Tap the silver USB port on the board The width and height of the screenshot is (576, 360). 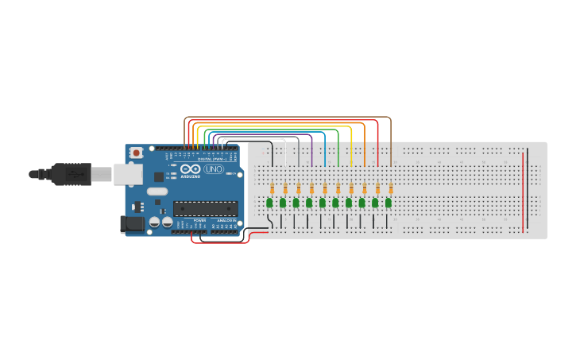[x=127, y=174]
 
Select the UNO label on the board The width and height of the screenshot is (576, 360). [x=214, y=168]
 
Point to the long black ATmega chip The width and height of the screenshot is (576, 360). [x=205, y=209]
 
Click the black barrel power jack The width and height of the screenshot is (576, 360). [x=133, y=224]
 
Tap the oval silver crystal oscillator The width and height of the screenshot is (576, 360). [x=157, y=191]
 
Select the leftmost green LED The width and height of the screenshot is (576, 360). [x=269, y=203]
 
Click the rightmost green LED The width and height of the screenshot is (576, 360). [x=389, y=203]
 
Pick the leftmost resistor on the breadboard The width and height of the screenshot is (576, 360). [x=273, y=188]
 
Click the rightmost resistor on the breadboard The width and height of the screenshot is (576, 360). [x=391, y=188]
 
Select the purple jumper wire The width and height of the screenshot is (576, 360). [x=311, y=151]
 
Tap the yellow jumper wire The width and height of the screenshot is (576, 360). [x=351, y=147]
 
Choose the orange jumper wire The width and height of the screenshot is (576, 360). [x=365, y=143]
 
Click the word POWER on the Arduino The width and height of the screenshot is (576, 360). [x=199, y=220]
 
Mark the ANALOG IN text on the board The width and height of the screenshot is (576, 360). [x=226, y=220]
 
